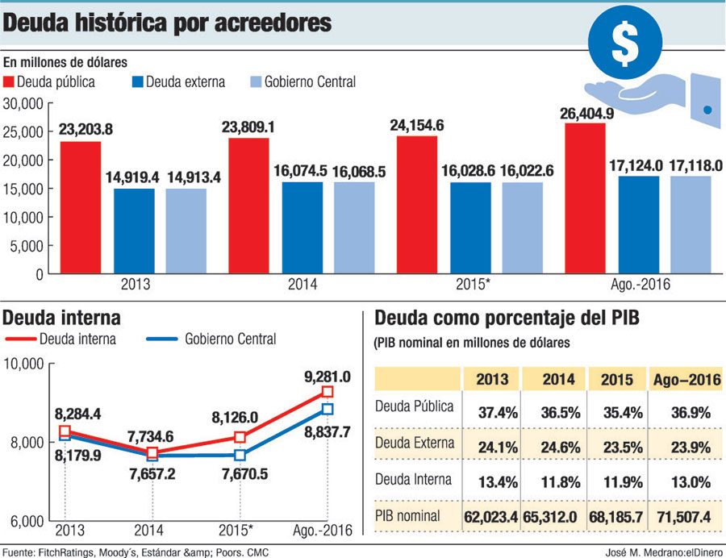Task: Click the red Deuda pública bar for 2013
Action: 81,207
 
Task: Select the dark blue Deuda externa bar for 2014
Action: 302,227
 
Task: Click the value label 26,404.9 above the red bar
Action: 586,114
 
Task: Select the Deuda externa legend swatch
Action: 138,82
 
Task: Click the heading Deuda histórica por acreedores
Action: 168,23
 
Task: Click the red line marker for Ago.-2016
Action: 327,392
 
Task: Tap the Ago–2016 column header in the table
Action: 686,378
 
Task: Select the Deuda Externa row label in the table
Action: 415,443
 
